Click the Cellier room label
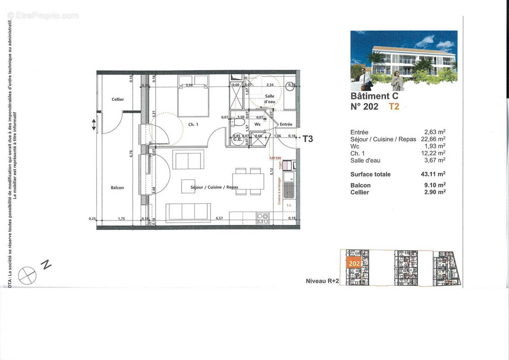117,99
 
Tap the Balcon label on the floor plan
117,188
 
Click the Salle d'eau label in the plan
269,99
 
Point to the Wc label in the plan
258,124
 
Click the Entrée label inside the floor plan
286,124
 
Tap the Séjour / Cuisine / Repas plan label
214,187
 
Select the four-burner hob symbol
263,218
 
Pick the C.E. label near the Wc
237,139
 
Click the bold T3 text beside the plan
308,139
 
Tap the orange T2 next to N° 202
394,107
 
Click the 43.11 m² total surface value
433,174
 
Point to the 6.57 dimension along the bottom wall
219,218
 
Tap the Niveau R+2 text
321,281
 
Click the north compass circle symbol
27,275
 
